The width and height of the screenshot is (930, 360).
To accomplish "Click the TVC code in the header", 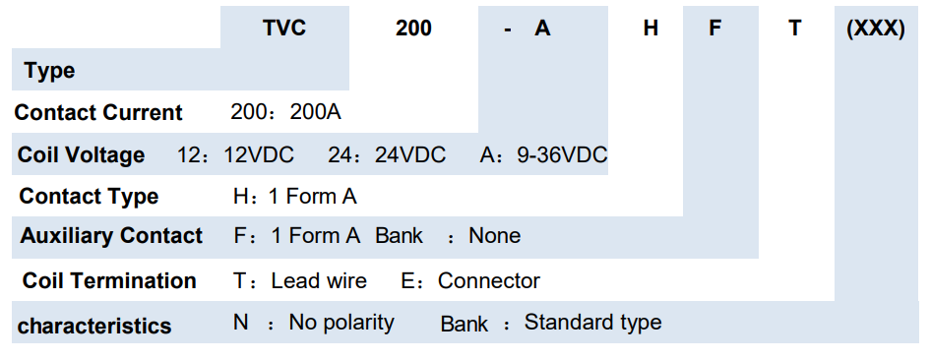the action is tap(284, 28).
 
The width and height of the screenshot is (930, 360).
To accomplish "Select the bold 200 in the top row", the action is tap(413, 28).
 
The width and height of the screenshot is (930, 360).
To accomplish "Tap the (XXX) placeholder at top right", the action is tap(876, 28).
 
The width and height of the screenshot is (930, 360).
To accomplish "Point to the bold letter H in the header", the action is tap(651, 28).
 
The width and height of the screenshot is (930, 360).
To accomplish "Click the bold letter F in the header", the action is tap(715, 28).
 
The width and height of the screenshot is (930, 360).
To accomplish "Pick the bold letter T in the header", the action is tap(795, 28).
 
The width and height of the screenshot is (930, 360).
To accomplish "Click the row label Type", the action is tap(50, 71).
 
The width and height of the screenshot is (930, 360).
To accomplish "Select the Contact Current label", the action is tap(98, 112).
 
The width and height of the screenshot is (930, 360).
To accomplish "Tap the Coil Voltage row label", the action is tap(82, 154).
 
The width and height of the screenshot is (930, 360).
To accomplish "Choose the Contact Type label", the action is tap(89, 197).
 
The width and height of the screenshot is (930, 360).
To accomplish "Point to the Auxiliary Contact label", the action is tap(111, 235).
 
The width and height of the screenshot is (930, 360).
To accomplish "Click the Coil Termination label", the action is tap(109, 280).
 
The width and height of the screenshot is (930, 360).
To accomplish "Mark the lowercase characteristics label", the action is tap(94, 326).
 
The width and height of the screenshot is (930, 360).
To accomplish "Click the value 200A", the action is tap(316, 112).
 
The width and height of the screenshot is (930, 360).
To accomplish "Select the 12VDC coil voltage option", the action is tap(259, 154).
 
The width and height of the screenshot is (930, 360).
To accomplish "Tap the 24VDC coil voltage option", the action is tap(410, 154).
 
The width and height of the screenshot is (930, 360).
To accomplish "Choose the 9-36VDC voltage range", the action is tap(562, 154).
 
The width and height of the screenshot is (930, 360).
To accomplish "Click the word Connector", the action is tap(489, 280).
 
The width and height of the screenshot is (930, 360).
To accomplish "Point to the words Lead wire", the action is tap(319, 280).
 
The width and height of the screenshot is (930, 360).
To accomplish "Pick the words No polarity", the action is tap(341, 324).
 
